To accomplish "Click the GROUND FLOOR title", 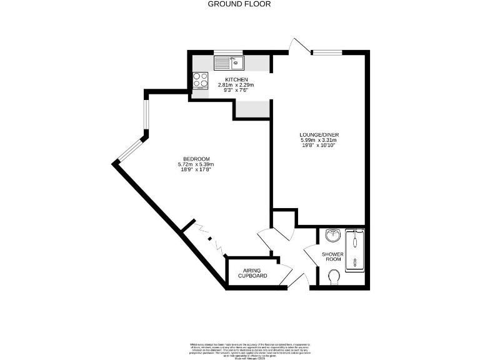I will coord(239,4).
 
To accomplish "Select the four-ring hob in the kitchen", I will coord(201,79).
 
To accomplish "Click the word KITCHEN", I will coord(236,79).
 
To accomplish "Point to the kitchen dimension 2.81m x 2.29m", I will coord(236,85).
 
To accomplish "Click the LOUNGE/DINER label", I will coord(319,135).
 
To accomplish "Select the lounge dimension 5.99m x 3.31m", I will coord(319,141).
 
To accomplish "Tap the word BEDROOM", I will coord(196,159).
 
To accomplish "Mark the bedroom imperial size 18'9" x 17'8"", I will coord(196,169).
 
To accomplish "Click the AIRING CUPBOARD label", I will coord(252,273).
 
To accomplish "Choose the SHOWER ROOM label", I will coord(332,256).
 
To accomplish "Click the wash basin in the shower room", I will coord(333,236).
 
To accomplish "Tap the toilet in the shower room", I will coord(334,276).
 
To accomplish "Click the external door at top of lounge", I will coord(297,46).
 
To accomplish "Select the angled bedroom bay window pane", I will coord(131,151).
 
